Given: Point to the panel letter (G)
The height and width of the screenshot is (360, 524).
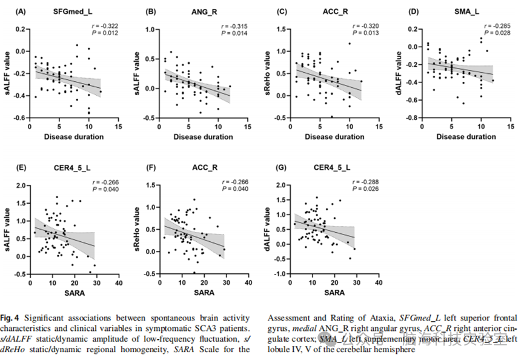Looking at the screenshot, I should tap(270, 167).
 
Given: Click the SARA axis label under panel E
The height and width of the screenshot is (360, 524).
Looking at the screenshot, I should tap(75, 293).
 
